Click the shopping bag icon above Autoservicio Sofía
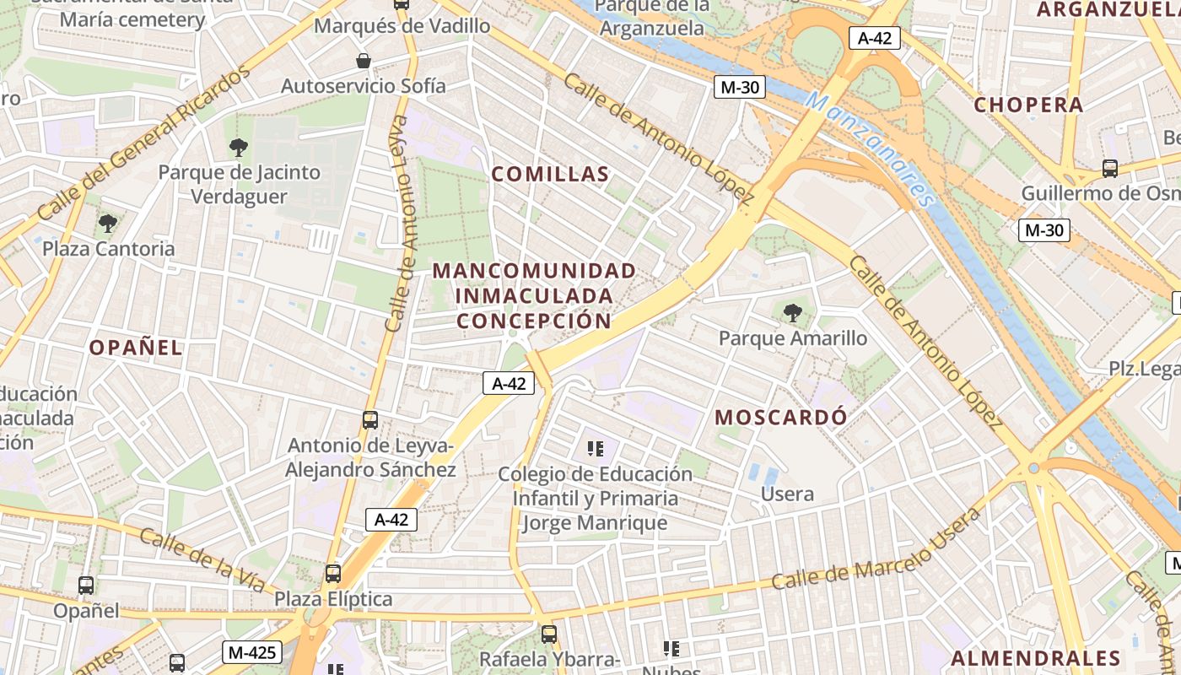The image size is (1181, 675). coord(364,61)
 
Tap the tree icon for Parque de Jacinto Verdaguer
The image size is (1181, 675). coord(239,148)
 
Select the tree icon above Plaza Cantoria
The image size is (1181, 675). coord(108,224)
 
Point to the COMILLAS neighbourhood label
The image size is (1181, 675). coord(550,175)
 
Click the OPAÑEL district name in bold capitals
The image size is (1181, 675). coord(136,348)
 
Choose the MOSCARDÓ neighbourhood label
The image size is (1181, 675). coord(780,417)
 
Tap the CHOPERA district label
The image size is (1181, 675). coord(1028,105)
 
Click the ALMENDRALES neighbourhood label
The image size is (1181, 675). coord(1036,659)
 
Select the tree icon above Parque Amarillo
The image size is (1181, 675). coord(792,314)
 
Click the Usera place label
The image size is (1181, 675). coord(787,494)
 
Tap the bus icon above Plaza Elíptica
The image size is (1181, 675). coord(333,574)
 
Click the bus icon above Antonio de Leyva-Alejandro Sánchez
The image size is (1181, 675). coord(369,419)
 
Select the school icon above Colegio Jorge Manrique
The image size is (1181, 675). coord(596,449)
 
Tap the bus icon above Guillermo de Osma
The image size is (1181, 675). coord(1110,169)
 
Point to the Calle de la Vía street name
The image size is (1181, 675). coord(202,560)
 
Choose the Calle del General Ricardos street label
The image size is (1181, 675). coord(143,143)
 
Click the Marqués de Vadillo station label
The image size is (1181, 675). coord(402,26)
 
